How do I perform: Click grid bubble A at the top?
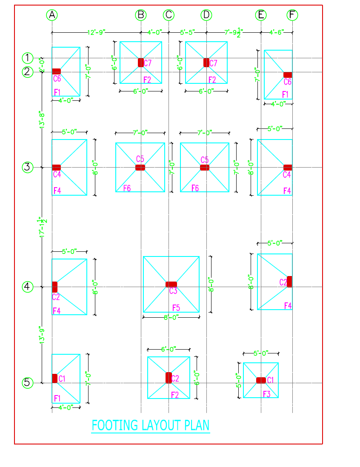coord(52,15)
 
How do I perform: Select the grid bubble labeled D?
coord(206,15)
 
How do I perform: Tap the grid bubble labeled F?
coord(292,15)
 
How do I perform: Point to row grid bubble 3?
coord(27,167)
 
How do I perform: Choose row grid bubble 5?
coord(27,383)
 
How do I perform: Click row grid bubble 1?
coord(27,58)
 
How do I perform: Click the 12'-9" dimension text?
coord(97,32)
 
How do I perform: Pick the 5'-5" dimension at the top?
coord(188,32)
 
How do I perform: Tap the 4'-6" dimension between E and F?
coord(277,32)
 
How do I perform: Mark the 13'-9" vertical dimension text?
coord(42,335)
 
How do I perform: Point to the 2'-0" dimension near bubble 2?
coord(42,65)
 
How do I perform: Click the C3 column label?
coord(173,291)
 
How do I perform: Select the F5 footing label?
coord(176,307)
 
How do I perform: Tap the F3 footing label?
coord(266,394)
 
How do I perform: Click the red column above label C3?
coord(171,284)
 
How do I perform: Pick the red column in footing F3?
coord(261,380)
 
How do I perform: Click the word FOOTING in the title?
coord(115,425)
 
